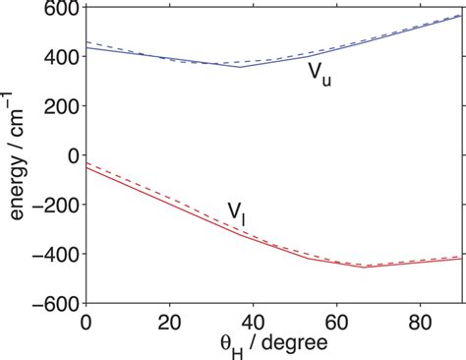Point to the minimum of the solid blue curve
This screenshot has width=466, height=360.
pos(239,67)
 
